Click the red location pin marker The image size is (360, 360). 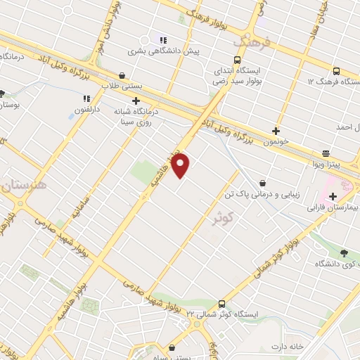pos(181,166)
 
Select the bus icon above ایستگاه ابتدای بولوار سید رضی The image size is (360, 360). pos(236,60)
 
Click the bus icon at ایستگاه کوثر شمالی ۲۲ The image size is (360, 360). pos(222,304)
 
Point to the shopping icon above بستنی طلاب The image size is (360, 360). pos(123,75)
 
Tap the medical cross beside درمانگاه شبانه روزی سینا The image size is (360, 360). pos(135,101)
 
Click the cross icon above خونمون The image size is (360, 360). pos(276,131)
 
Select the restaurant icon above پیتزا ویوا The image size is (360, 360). pos(326,153)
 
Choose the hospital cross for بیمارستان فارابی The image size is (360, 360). pos(345,197)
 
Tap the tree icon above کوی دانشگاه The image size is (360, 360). pos(343,254)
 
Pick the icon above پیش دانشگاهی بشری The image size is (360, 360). pos(163,40)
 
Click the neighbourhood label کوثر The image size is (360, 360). pos(224,219)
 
